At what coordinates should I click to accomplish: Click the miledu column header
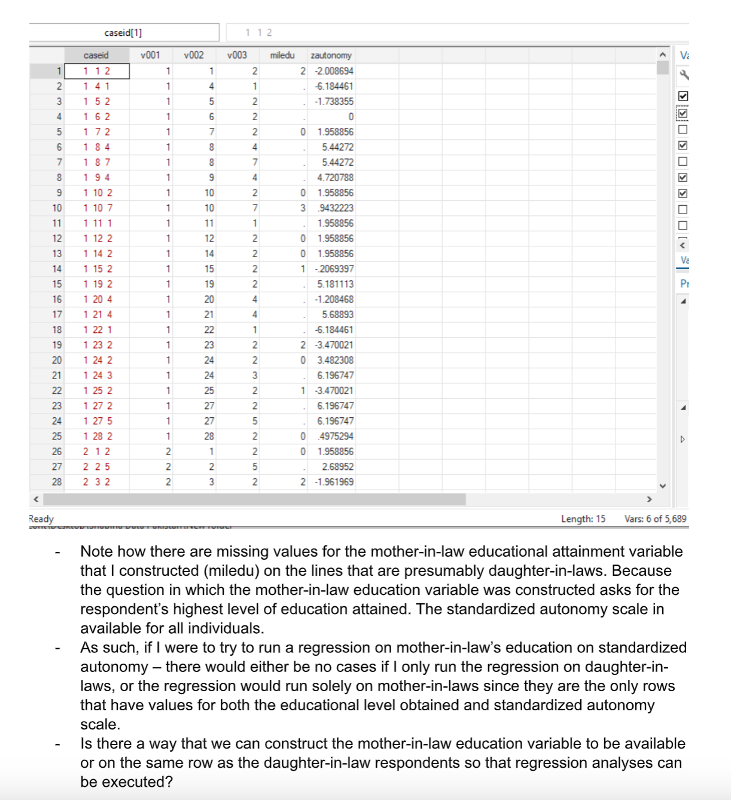tap(282, 55)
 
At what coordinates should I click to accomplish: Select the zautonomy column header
tap(331, 55)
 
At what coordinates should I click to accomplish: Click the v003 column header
tap(237, 55)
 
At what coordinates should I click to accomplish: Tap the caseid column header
tap(96, 55)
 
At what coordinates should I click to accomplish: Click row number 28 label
tap(57, 482)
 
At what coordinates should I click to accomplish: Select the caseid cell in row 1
tap(97, 71)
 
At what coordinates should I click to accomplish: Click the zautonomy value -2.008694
tap(334, 71)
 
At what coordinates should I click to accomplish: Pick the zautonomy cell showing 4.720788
tap(335, 178)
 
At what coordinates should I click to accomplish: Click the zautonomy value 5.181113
tap(335, 284)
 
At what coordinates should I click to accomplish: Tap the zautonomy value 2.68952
tap(337, 467)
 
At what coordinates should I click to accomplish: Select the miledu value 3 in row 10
tap(303, 208)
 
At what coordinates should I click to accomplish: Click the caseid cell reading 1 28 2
tap(98, 436)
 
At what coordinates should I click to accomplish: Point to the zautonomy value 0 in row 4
tap(351, 117)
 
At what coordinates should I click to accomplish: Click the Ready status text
tap(41, 519)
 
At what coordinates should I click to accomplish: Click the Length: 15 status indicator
tap(583, 519)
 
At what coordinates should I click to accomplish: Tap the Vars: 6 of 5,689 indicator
tap(655, 519)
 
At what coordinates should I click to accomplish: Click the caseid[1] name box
tap(123, 33)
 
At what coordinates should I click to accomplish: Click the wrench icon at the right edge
tap(684, 75)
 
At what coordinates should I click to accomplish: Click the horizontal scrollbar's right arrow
tap(648, 499)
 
